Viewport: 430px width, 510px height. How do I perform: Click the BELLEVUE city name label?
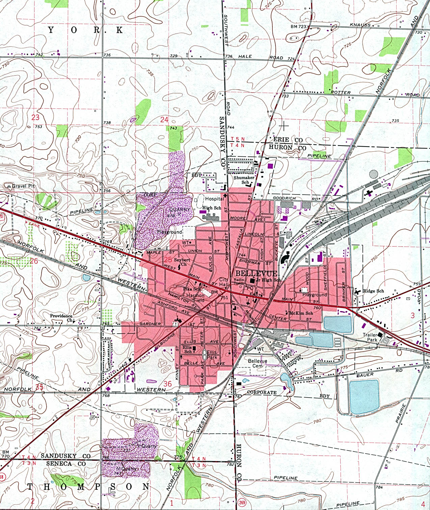[x=256, y=273]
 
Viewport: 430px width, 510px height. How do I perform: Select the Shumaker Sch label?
[x=244, y=180]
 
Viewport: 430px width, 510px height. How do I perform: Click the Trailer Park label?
[x=370, y=337]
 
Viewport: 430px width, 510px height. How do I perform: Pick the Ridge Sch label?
[x=373, y=291]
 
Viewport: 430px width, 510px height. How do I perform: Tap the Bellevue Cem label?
[x=258, y=363]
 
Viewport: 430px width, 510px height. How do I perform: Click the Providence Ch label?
[x=61, y=318]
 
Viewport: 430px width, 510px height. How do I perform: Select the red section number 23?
[x=35, y=117]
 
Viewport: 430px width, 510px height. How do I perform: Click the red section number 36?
[x=167, y=384]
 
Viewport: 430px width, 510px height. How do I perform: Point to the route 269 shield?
[x=242, y=502]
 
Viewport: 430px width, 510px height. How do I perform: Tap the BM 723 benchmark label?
[x=298, y=26]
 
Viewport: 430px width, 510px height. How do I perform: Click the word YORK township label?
[x=85, y=30]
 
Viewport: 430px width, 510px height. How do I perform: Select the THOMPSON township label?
[x=88, y=487]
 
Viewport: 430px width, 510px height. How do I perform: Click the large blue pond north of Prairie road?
[x=364, y=397]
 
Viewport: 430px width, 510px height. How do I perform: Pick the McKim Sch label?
[x=301, y=313]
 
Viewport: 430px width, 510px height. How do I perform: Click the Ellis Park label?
[x=212, y=355]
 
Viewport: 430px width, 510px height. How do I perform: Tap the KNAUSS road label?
[x=360, y=25]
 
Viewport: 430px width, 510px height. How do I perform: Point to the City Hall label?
[x=224, y=282]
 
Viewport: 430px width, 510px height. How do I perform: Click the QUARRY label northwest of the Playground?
[x=180, y=210]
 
